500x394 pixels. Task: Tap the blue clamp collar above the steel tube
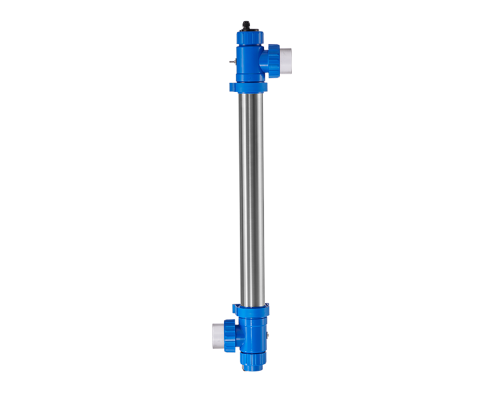(x=248, y=87)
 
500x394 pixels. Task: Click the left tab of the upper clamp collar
(x=232, y=87)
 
